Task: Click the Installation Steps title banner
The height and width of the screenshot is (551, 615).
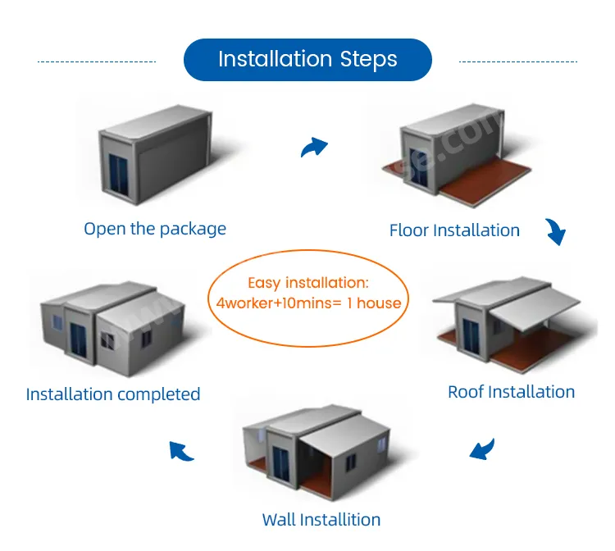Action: pyautogui.click(x=307, y=60)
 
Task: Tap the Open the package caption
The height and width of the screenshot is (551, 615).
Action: pyautogui.click(x=155, y=229)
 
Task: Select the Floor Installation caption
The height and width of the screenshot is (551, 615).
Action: pyautogui.click(x=454, y=230)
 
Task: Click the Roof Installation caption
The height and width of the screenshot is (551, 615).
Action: pyautogui.click(x=511, y=392)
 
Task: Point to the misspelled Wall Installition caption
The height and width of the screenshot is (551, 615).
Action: pyautogui.click(x=321, y=520)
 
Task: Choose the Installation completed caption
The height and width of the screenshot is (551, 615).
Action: pyautogui.click(x=113, y=394)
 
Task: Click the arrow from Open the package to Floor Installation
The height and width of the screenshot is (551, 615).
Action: pyautogui.click(x=314, y=147)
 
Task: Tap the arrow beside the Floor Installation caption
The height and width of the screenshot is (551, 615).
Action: pyautogui.click(x=556, y=232)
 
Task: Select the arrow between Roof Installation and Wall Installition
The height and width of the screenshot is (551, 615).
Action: pyautogui.click(x=482, y=449)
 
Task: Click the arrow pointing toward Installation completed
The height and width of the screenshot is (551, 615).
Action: pyautogui.click(x=181, y=451)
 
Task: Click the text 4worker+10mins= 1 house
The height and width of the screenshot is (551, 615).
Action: pyautogui.click(x=308, y=303)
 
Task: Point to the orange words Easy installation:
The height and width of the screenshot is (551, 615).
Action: pyautogui.click(x=308, y=283)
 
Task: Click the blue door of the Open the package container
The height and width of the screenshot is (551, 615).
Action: pyautogui.click(x=118, y=173)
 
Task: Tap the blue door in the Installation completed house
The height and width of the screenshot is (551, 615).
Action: pyautogui.click(x=78, y=339)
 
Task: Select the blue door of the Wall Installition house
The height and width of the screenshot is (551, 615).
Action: pyautogui.click(x=280, y=463)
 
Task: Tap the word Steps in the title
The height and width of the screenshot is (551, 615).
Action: pyautogui.click(x=368, y=60)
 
